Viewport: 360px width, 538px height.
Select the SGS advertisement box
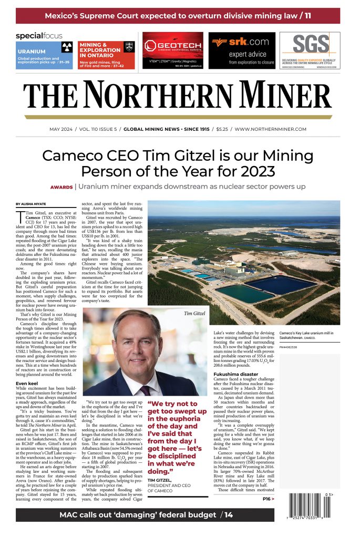[310, 50]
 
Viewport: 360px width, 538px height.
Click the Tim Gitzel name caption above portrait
[195, 314]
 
